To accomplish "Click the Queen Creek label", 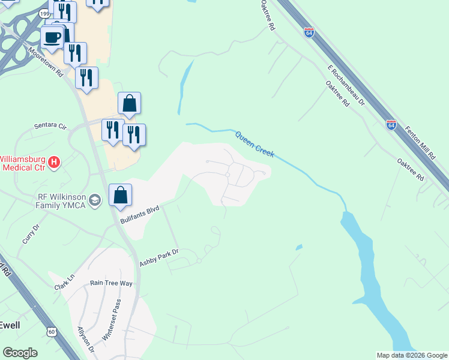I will point(255,145).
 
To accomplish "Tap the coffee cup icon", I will point(52,37).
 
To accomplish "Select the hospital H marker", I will point(54,162).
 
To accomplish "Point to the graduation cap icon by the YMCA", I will point(94,200).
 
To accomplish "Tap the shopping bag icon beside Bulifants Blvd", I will point(121,195).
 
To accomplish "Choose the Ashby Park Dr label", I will point(159,258).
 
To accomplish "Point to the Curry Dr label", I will point(30,233).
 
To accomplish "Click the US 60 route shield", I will point(52,331).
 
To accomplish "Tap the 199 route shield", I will point(44,13).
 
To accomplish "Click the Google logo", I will point(20,353).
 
